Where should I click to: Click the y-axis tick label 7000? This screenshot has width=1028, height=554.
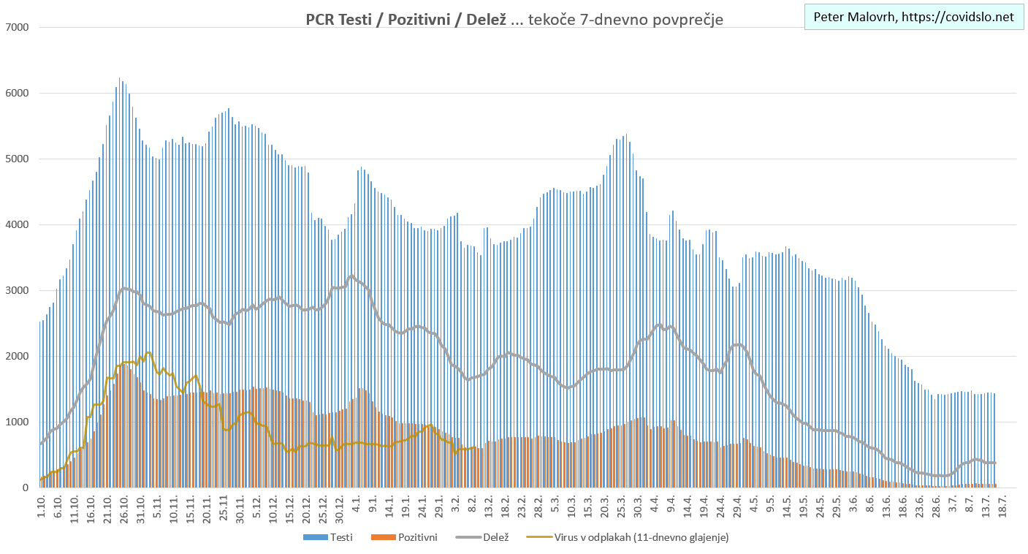(16, 28)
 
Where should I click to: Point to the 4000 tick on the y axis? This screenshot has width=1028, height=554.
(16, 225)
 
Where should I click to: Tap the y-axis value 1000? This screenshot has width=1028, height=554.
(16, 422)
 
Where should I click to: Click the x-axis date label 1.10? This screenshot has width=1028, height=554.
(42, 505)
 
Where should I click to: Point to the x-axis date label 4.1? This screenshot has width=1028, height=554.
(357, 505)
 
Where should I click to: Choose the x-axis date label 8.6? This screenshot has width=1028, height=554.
(870, 505)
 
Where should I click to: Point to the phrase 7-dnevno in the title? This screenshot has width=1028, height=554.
(587, 20)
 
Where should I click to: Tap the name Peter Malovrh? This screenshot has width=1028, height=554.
(854, 17)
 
